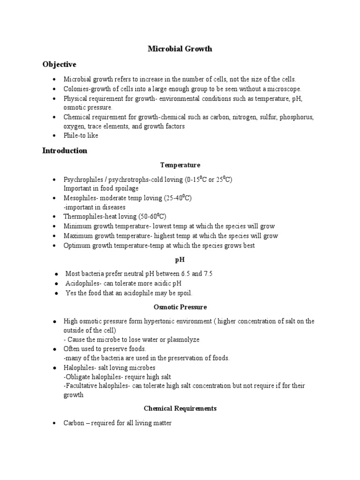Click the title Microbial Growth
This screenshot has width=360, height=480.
pos(180,49)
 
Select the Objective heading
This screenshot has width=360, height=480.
pos(59,64)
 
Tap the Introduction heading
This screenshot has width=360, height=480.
pos(65,150)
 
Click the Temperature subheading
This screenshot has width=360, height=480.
pos(180,165)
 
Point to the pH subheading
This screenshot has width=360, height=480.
pos(180,260)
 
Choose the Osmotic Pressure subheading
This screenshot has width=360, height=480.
pos(180,307)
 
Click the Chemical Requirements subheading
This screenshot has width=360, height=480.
pos(180,408)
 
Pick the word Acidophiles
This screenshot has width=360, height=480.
pos(82,283)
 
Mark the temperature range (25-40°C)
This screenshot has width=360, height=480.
pos(178,198)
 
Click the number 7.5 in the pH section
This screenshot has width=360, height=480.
pos(208,274)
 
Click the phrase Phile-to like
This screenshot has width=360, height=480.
pos(81,135)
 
